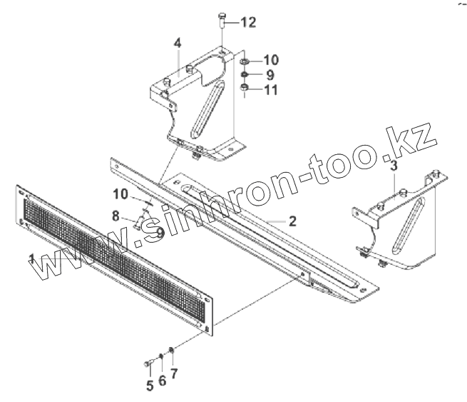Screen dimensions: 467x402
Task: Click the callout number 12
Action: [247, 23]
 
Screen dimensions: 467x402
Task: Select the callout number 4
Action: [177, 44]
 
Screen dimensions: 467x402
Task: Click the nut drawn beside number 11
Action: [245, 89]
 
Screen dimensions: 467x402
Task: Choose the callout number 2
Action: [292, 221]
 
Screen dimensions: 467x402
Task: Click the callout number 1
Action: [31, 258]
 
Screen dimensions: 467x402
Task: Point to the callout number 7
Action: [174, 373]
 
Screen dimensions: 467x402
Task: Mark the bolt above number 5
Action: [149, 364]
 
